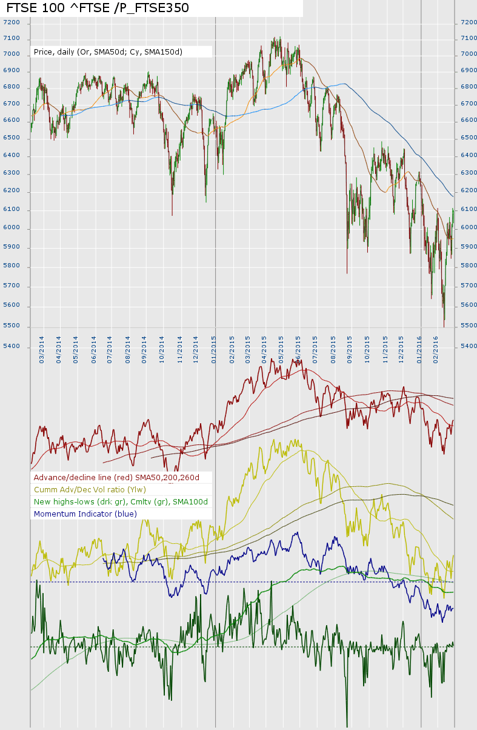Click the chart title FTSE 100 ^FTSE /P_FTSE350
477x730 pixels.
click(x=98, y=8)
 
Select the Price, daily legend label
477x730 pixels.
click(x=108, y=52)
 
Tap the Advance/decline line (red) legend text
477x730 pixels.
click(x=116, y=478)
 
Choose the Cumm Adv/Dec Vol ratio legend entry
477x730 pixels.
click(x=99, y=490)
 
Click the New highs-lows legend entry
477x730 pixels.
click(x=121, y=502)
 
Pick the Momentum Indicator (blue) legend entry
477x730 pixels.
click(x=85, y=514)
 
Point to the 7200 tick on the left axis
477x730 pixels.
click(x=12, y=22)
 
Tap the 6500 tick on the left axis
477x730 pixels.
click(x=12, y=138)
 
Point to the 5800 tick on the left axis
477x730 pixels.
click(x=12, y=266)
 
